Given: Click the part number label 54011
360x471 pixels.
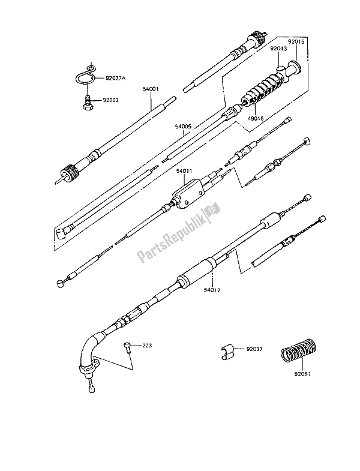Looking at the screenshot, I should pyautogui.click(x=184, y=171).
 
